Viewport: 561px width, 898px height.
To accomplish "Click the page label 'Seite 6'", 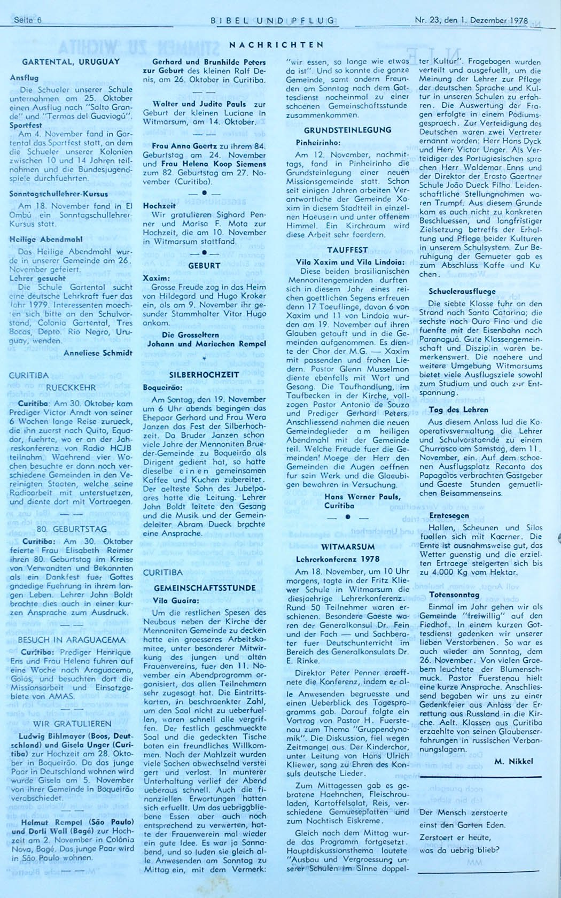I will pos(28,21).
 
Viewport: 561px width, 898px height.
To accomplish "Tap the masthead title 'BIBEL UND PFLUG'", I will pos(273,21).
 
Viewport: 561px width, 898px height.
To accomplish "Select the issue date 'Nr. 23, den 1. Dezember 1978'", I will pos(471,21).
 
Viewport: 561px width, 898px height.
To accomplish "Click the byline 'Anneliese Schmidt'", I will pos(98,352).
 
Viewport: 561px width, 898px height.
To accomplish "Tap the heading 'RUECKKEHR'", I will pos(71,387).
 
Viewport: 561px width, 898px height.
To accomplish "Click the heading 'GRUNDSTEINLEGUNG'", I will pos(347,130).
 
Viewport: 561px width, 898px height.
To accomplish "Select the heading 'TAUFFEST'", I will pos(347,250).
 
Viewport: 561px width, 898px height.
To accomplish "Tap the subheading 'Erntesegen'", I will pos(449,516).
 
